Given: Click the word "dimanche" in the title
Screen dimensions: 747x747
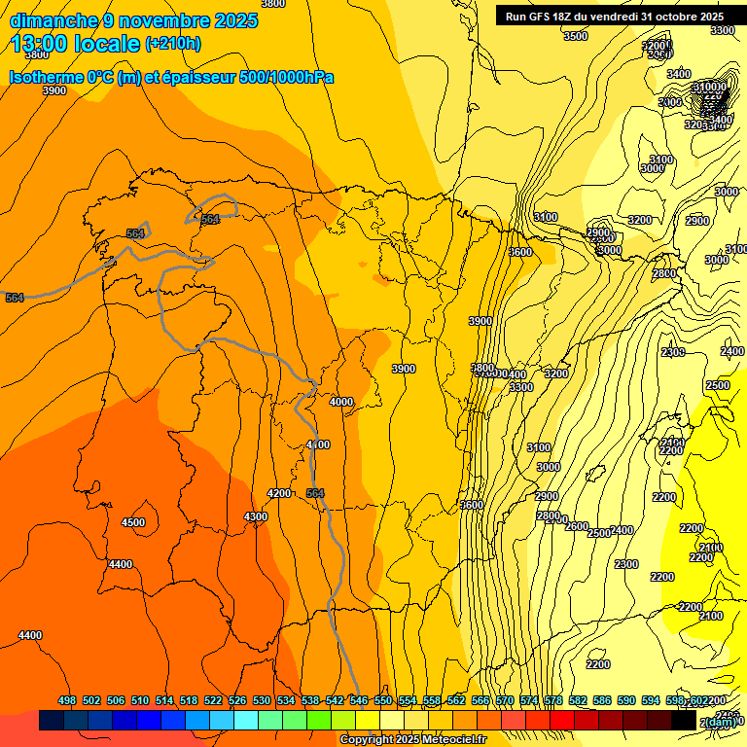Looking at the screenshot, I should pyautogui.click(x=53, y=20).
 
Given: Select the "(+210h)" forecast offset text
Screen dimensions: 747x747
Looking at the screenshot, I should pyautogui.click(x=173, y=43).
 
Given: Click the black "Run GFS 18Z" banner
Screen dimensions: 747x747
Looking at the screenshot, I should pyautogui.click(x=614, y=17).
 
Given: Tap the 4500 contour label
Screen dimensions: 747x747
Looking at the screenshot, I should pyautogui.click(x=133, y=522).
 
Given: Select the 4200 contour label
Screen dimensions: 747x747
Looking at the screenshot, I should pyautogui.click(x=279, y=493).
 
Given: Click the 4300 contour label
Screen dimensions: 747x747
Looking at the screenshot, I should pyautogui.click(x=256, y=516).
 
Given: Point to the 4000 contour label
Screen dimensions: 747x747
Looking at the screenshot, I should pyautogui.click(x=341, y=402).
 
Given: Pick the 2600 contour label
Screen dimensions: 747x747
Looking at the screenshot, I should pyautogui.click(x=577, y=526).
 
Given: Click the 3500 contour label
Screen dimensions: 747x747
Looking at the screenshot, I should pyautogui.click(x=576, y=36).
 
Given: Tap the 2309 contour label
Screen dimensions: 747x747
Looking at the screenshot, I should pyautogui.click(x=673, y=352).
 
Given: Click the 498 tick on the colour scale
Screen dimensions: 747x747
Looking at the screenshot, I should pyautogui.click(x=67, y=700).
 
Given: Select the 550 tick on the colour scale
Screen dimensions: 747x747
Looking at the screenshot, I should pyautogui.click(x=383, y=700).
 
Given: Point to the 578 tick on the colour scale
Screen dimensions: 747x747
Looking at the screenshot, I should pyautogui.click(x=553, y=700).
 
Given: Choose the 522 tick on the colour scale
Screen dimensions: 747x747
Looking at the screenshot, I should pyautogui.click(x=213, y=700).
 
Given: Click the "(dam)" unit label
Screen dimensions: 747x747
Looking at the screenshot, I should pyautogui.click(x=721, y=721).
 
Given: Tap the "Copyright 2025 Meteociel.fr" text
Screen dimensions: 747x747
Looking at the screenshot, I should pyautogui.click(x=412, y=740).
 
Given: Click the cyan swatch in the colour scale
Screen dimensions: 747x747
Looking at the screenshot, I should pyautogui.click(x=246, y=721).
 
